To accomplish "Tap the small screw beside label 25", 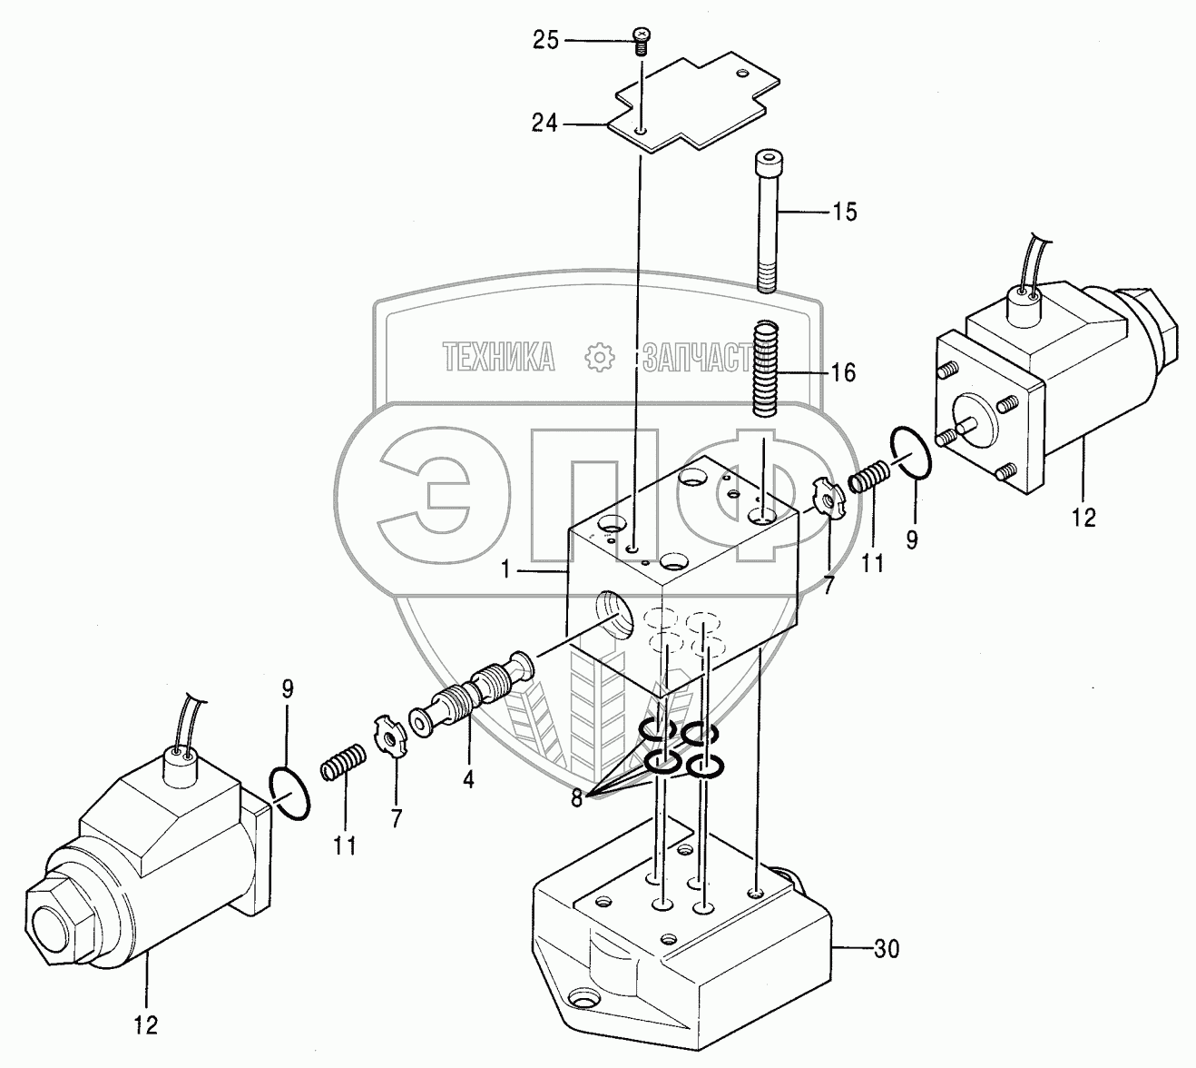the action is pos(642,40).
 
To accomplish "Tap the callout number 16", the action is pos(842,372).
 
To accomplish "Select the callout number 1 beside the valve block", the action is pos(509,571).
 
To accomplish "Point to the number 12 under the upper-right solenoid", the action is pos(1083,518).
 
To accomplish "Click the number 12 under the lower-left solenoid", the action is pos(145,1025).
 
